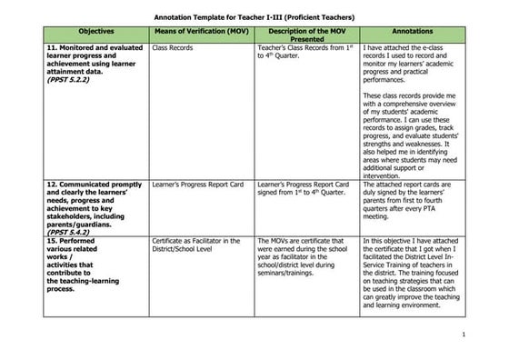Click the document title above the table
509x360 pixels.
254,16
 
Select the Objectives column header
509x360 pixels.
96,31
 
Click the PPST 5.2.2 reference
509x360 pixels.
69,79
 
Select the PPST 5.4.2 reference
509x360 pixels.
69,232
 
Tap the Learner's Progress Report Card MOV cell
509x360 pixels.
198,184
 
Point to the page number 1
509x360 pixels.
464,335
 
